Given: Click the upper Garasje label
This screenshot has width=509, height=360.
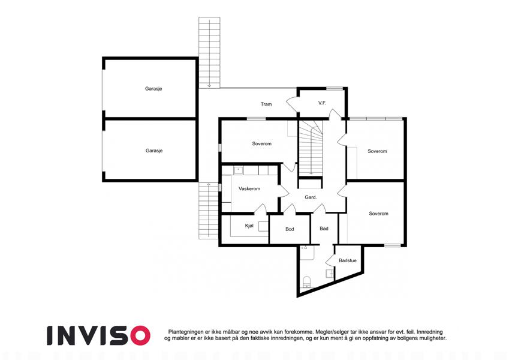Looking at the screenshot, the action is click(153, 89).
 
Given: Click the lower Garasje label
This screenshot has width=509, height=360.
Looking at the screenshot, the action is click(154, 151).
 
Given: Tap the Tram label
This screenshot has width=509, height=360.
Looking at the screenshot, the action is click(266, 104).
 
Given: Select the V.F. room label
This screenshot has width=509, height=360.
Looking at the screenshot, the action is click(322, 103).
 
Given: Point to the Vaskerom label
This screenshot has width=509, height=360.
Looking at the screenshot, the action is click(249, 189).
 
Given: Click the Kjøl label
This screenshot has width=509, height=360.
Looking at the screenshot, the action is click(249, 226).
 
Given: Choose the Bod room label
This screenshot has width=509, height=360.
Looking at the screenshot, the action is click(290, 229).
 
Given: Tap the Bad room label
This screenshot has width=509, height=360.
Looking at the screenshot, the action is click(324, 229).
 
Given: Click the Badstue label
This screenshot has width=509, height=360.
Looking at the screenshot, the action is click(348, 260).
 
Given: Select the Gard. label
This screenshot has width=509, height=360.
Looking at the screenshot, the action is click(311, 197).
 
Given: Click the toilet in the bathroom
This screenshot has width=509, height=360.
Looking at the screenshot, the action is click(307, 281).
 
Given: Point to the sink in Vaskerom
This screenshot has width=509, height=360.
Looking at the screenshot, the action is click(239, 170).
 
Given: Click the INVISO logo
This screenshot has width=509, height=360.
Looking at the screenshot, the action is click(98, 335).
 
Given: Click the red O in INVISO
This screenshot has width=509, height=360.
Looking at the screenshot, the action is click(140, 335).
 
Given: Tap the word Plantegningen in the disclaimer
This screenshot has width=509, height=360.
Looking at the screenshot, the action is click(183, 332).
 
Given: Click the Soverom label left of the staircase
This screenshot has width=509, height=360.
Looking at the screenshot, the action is click(261, 143).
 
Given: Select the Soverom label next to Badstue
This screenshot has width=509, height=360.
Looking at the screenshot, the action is click(378, 214).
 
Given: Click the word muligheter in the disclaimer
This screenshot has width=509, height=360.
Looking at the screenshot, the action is click(433, 338).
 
